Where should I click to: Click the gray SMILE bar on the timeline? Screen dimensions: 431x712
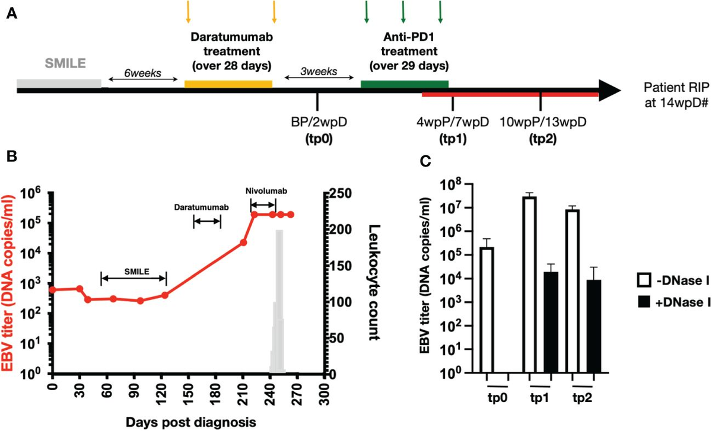(x=59, y=83)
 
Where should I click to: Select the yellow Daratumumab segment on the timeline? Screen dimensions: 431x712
(x=228, y=84)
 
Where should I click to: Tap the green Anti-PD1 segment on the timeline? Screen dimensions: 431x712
(x=404, y=84)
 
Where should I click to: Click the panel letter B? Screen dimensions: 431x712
(x=10, y=157)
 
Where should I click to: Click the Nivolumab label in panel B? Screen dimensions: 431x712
(x=263, y=191)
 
